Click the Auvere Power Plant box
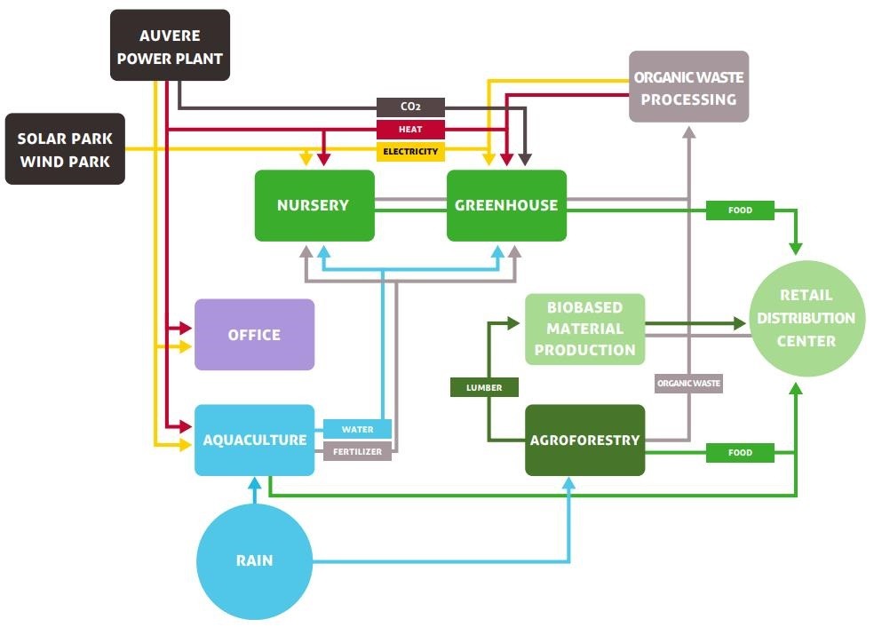coord(170,46)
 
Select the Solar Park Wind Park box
coord(65,149)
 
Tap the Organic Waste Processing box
coord(688,87)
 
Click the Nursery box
coord(314,205)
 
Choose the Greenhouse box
coord(506,205)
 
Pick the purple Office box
coord(254,335)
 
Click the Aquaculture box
coord(255,440)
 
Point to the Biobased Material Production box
coord(584,329)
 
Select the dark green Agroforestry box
coord(584,440)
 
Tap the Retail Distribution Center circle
coord(806,318)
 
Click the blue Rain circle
coord(254,560)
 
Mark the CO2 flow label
coord(410,107)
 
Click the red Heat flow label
coord(410,130)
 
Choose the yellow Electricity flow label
coord(410,152)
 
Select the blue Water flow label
coord(357,429)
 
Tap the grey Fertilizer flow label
coord(357,452)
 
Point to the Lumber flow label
coord(484,387)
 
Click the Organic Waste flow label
coord(688,384)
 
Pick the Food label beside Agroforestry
coord(740,453)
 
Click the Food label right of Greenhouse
coord(740,210)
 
